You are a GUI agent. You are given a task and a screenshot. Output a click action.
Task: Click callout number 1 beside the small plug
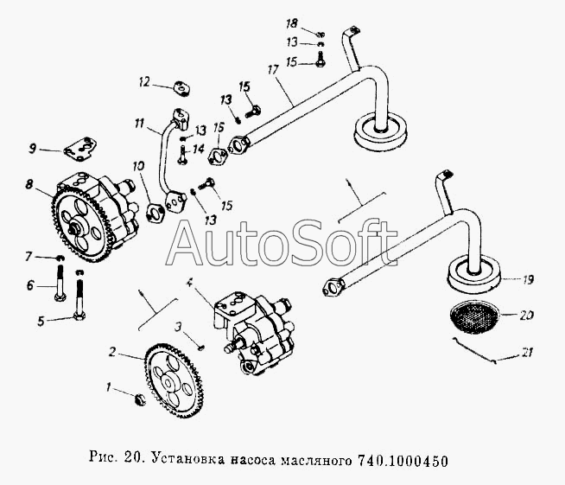pyautogui.click(x=108, y=387)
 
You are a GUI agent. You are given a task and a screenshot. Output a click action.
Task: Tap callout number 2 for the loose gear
pyautogui.click(x=113, y=351)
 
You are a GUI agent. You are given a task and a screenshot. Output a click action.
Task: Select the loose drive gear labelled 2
pyautogui.click(x=174, y=382)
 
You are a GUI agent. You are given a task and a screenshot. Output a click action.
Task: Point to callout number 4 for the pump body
pyautogui.click(x=189, y=283)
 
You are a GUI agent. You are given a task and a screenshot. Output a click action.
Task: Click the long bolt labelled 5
pyautogui.click(x=79, y=295)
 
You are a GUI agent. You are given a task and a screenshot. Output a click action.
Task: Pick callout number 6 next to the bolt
pyautogui.click(x=30, y=285)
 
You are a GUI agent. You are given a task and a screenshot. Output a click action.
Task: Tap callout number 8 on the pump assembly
pyautogui.click(x=29, y=185)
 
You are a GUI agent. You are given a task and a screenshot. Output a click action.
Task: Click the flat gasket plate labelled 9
pyautogui.click(x=80, y=148)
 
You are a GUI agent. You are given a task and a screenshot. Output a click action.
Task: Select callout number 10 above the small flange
pyautogui.click(x=138, y=166)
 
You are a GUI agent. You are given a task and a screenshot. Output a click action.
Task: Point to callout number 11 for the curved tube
pyautogui.click(x=139, y=124)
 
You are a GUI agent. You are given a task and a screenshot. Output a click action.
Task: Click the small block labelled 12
pyautogui.click(x=182, y=89)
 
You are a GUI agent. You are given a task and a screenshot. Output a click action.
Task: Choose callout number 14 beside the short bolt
pyautogui.click(x=199, y=149)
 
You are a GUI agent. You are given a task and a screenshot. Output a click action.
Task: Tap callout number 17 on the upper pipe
pyautogui.click(x=273, y=69)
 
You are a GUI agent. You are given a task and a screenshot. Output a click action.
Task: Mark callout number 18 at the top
pyautogui.click(x=292, y=24)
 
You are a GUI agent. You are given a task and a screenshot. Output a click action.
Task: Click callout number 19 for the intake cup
pyautogui.click(x=528, y=279)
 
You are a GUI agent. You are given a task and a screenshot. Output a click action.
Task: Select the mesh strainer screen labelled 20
pyautogui.click(x=474, y=316)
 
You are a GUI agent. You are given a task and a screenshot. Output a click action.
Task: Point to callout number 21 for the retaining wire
pyautogui.click(x=528, y=353)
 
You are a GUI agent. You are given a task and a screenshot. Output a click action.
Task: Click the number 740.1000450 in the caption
pyautogui.click(x=403, y=461)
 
